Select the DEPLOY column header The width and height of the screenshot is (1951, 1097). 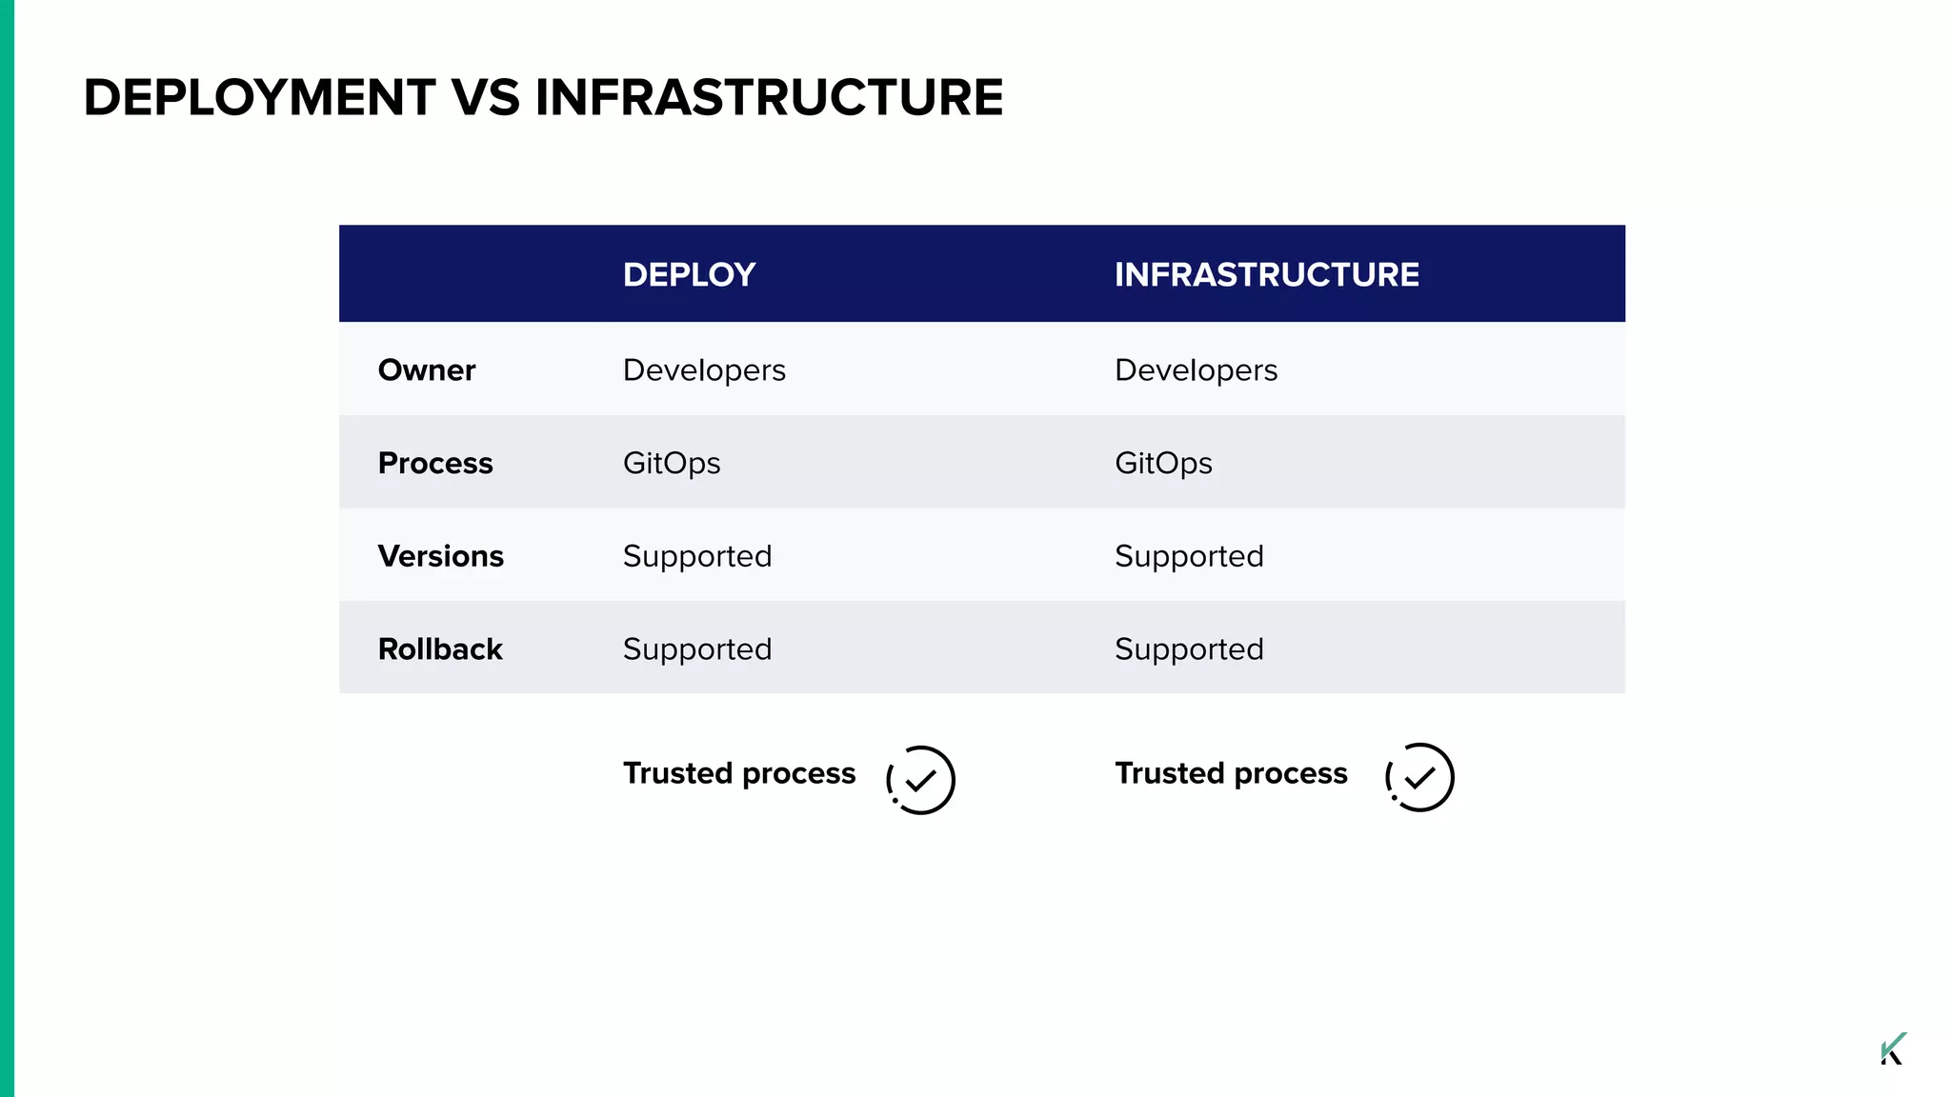pyautogui.click(x=689, y=274)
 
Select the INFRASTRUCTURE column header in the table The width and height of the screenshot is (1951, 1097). pyautogui.click(x=1266, y=274)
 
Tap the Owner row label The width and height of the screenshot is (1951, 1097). pyautogui.click(x=426, y=369)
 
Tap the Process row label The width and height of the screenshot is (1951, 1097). pyautogui.click(x=434, y=463)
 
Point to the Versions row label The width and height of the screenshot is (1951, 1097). pyautogui.click(x=440, y=556)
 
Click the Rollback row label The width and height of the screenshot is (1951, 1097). pyautogui.click(x=439, y=649)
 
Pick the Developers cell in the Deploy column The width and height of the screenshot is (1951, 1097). pyautogui.click(x=704, y=369)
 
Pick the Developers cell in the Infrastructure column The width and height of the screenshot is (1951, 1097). pyautogui.click(x=1196, y=369)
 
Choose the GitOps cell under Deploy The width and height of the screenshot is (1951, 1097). pyautogui.click(x=671, y=463)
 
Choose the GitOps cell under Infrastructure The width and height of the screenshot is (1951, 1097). pyautogui.click(x=1163, y=463)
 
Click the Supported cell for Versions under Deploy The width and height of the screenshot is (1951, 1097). pyautogui.click(x=696, y=556)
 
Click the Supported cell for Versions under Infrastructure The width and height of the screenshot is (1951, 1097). pyautogui.click(x=1189, y=556)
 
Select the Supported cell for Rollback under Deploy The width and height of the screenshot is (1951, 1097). pyautogui.click(x=696, y=649)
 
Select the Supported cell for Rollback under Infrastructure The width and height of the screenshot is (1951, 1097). pyautogui.click(x=1189, y=649)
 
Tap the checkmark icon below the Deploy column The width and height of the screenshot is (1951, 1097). pyautogui.click(x=920, y=780)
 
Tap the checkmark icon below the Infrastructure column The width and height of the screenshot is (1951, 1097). pyautogui.click(x=1419, y=777)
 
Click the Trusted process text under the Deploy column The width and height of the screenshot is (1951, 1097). pyautogui.click(x=738, y=773)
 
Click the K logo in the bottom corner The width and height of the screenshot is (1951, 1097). pyautogui.click(x=1892, y=1048)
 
